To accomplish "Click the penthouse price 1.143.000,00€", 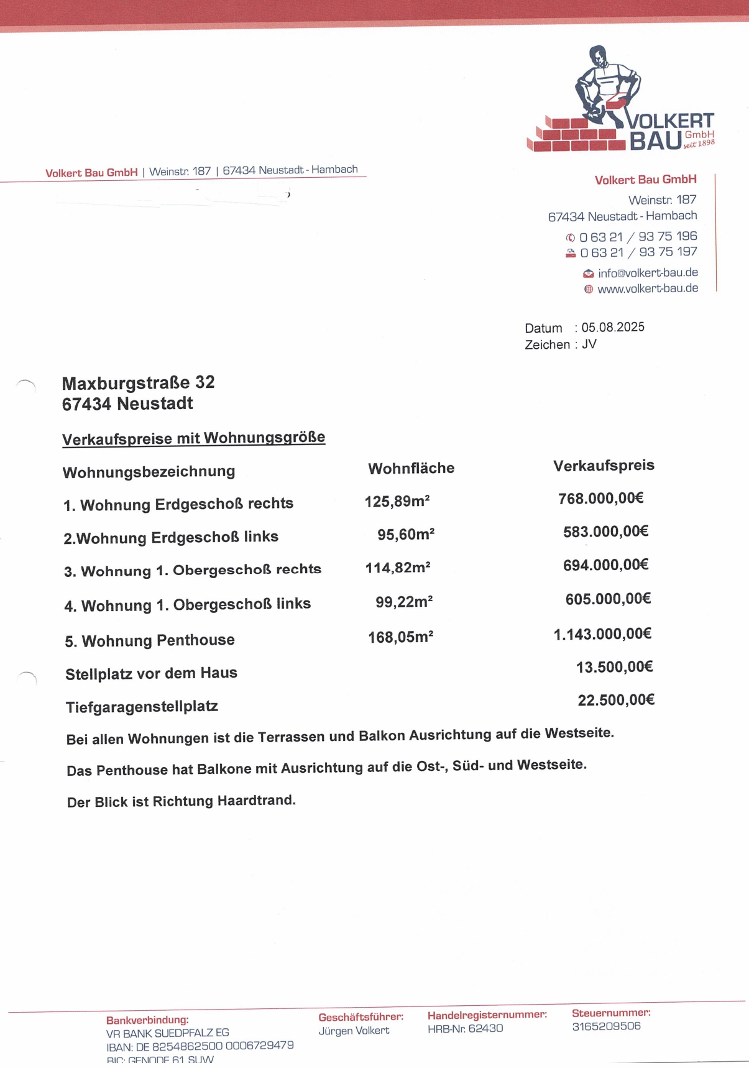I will coord(602,634).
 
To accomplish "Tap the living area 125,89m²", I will coord(397,501).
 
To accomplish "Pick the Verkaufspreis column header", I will coord(604,466).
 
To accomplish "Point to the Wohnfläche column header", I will coord(411,469).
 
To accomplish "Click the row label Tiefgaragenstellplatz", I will coord(142,707).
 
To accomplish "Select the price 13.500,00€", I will coord(614,668).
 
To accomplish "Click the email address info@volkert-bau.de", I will coord(648,273).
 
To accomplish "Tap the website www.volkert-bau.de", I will coord(648,288).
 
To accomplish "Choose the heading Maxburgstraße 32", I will coord(138,382).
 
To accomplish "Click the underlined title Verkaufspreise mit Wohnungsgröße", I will coord(193,438).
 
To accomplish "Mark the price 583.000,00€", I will coord(605,532).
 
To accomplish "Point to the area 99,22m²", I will coord(404,602).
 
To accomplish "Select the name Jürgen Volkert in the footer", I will coord(354,1031).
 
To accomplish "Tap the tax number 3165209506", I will coord(606,1026).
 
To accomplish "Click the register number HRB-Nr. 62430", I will coord(465,1029).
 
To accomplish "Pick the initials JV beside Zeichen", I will coord(589,344).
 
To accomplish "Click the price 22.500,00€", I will coord(616,701).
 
